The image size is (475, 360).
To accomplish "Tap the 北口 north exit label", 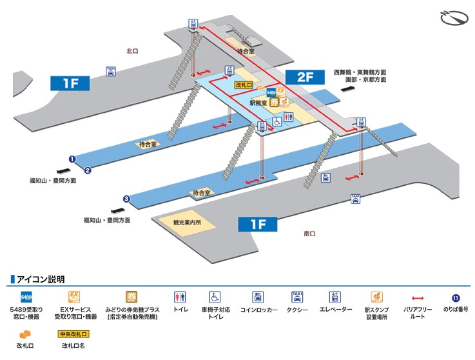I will [x=133, y=50].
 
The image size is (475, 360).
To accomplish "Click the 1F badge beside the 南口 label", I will [x=257, y=225].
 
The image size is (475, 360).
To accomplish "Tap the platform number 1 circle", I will [x=73, y=159].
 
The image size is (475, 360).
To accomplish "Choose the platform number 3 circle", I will [x=127, y=199].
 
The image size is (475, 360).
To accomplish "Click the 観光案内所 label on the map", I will [x=187, y=223].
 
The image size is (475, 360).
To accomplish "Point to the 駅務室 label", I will [x=258, y=102].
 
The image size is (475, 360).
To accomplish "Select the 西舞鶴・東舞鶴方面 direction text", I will [x=360, y=72].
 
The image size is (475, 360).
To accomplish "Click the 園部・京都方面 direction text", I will [x=365, y=80].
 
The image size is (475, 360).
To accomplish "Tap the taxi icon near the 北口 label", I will [x=111, y=72].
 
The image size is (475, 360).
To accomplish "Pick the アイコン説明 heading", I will [x=41, y=279].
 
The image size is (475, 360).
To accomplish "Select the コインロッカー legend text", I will [x=258, y=310].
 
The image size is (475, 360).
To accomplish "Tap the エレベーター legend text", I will [x=335, y=310].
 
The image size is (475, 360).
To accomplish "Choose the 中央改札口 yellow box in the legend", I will [x=73, y=334].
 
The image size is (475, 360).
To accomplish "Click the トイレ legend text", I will [x=180, y=310].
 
